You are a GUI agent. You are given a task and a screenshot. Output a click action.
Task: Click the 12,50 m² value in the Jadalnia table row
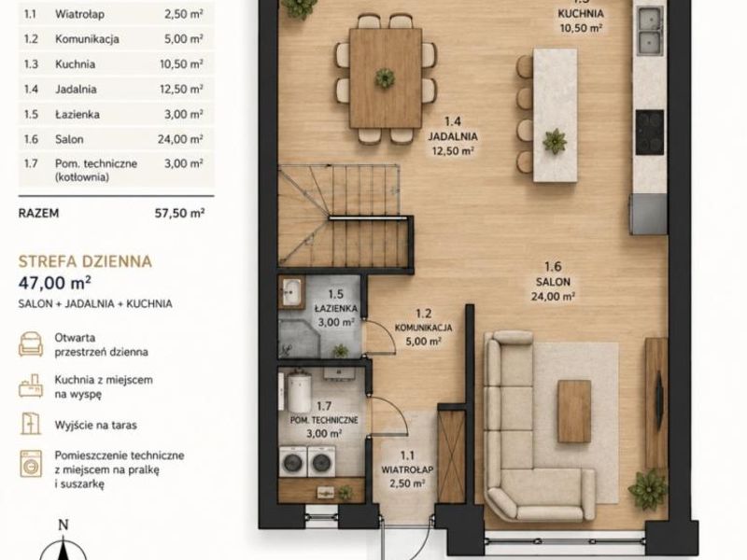point(181,89)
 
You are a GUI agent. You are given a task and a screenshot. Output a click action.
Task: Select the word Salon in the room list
point(69,139)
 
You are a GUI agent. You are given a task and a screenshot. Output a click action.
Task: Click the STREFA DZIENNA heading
point(85,261)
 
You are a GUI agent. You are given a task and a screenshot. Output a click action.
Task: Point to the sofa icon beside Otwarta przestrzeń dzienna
point(31,343)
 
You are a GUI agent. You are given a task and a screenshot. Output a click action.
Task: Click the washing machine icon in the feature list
point(31,464)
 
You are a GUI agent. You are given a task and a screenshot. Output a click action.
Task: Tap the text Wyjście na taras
point(96,425)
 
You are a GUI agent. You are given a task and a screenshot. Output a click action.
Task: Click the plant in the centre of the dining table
point(385,77)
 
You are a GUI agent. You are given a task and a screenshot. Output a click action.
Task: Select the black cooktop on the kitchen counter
point(649,133)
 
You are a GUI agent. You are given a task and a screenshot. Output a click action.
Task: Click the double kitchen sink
point(650,30)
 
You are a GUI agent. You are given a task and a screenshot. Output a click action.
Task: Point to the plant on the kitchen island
point(555,142)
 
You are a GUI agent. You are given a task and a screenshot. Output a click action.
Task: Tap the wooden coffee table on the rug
point(574,411)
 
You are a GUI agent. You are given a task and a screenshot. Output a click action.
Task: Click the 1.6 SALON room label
point(553,282)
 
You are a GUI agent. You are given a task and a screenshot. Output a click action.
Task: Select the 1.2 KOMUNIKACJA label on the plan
point(423,328)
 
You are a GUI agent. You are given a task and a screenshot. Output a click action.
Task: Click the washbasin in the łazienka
point(291,291)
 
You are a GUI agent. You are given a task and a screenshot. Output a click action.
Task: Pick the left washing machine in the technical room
point(292,461)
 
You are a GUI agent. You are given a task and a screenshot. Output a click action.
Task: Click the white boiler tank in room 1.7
point(298,392)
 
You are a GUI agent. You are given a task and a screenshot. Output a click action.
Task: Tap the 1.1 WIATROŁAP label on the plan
point(407,469)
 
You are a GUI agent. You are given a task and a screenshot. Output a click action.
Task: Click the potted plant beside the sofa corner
point(648,489)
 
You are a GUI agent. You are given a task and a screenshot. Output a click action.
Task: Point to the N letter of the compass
point(63,525)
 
